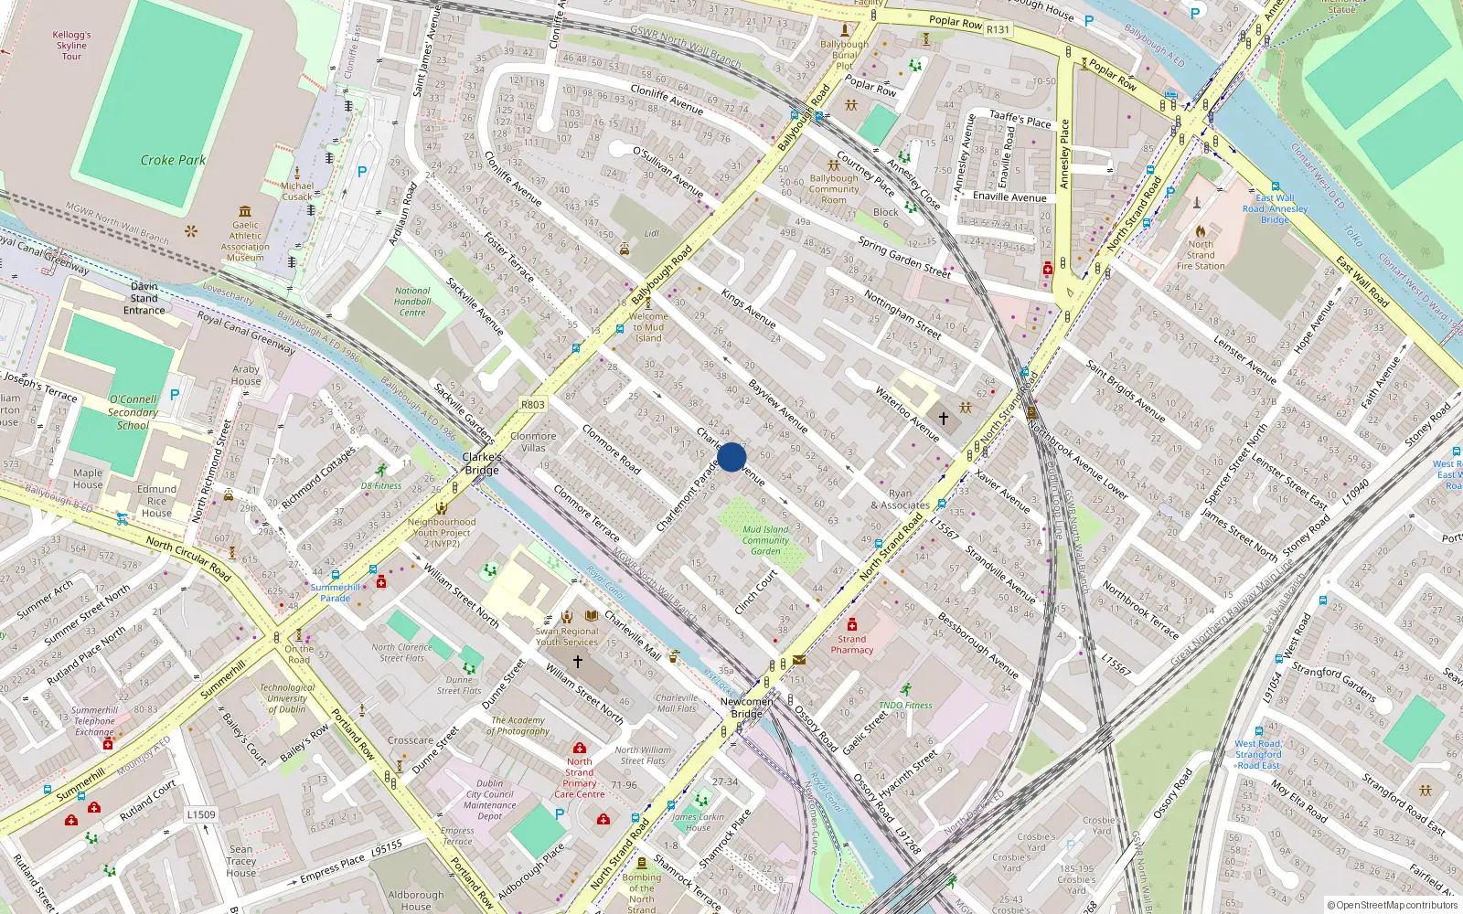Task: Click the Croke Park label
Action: point(173,160)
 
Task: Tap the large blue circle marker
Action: point(731,457)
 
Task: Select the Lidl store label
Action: point(651,234)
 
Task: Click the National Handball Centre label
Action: point(412,302)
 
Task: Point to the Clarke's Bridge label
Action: point(482,463)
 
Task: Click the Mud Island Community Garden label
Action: point(765,540)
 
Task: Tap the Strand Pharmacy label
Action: point(852,644)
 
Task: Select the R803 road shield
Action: point(532,404)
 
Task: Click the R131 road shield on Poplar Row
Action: point(998,29)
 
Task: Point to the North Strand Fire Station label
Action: point(1201,255)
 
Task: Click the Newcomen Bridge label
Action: point(746,707)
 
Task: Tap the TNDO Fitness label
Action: point(905,705)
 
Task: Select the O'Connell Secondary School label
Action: point(133,412)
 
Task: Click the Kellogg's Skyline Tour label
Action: point(71,46)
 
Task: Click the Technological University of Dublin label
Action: point(287,698)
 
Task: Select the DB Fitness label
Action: point(381,486)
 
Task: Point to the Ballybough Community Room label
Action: point(834,189)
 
